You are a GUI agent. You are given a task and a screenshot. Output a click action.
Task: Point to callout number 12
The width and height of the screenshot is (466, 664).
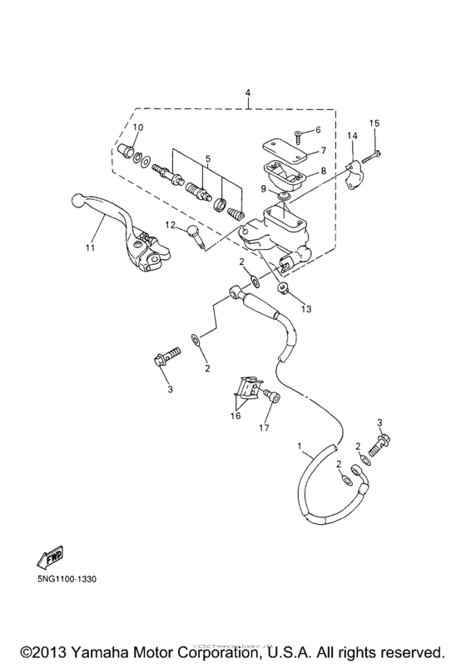tap(170, 225)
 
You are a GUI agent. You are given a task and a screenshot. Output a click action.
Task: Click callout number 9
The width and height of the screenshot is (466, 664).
tap(265, 188)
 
